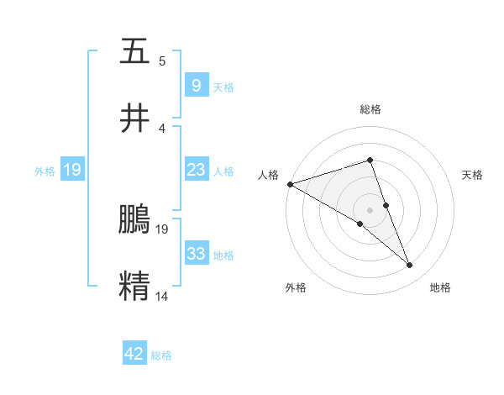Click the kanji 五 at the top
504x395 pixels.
(134, 52)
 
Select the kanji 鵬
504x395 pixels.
(134, 220)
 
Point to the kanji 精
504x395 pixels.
(134, 285)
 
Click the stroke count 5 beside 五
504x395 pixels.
(161, 61)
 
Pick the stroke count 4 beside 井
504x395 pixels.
(161, 128)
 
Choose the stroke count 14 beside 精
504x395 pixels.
(162, 296)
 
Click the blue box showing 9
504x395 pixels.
(196, 86)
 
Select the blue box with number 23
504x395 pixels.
(196, 170)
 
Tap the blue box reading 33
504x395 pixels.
(196, 254)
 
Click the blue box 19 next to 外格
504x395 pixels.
(71, 170)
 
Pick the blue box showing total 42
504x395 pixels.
(134, 354)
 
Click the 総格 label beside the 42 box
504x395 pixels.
(161, 355)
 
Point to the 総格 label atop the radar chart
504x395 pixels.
(370, 109)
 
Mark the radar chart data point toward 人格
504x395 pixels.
(290, 184)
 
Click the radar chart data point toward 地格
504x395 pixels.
(410, 266)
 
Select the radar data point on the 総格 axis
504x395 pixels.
(370, 160)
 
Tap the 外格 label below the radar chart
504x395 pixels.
(296, 288)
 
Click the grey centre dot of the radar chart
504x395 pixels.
(370, 209)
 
